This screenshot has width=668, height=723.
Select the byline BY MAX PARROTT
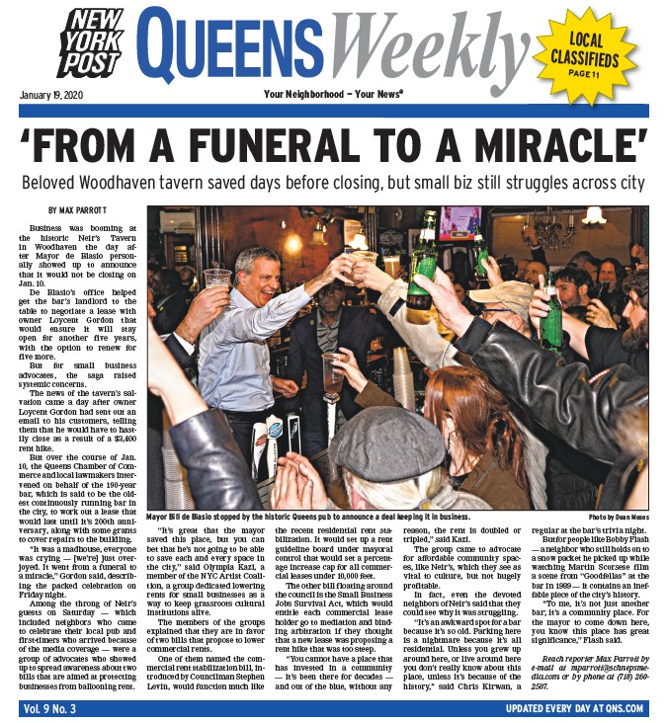(x=81, y=210)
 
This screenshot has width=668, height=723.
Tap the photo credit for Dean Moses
(x=618, y=518)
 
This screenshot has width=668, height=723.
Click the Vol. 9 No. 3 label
(x=51, y=708)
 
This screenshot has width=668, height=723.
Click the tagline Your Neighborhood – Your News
(x=333, y=95)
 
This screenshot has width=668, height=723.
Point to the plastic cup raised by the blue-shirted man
(x=216, y=281)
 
